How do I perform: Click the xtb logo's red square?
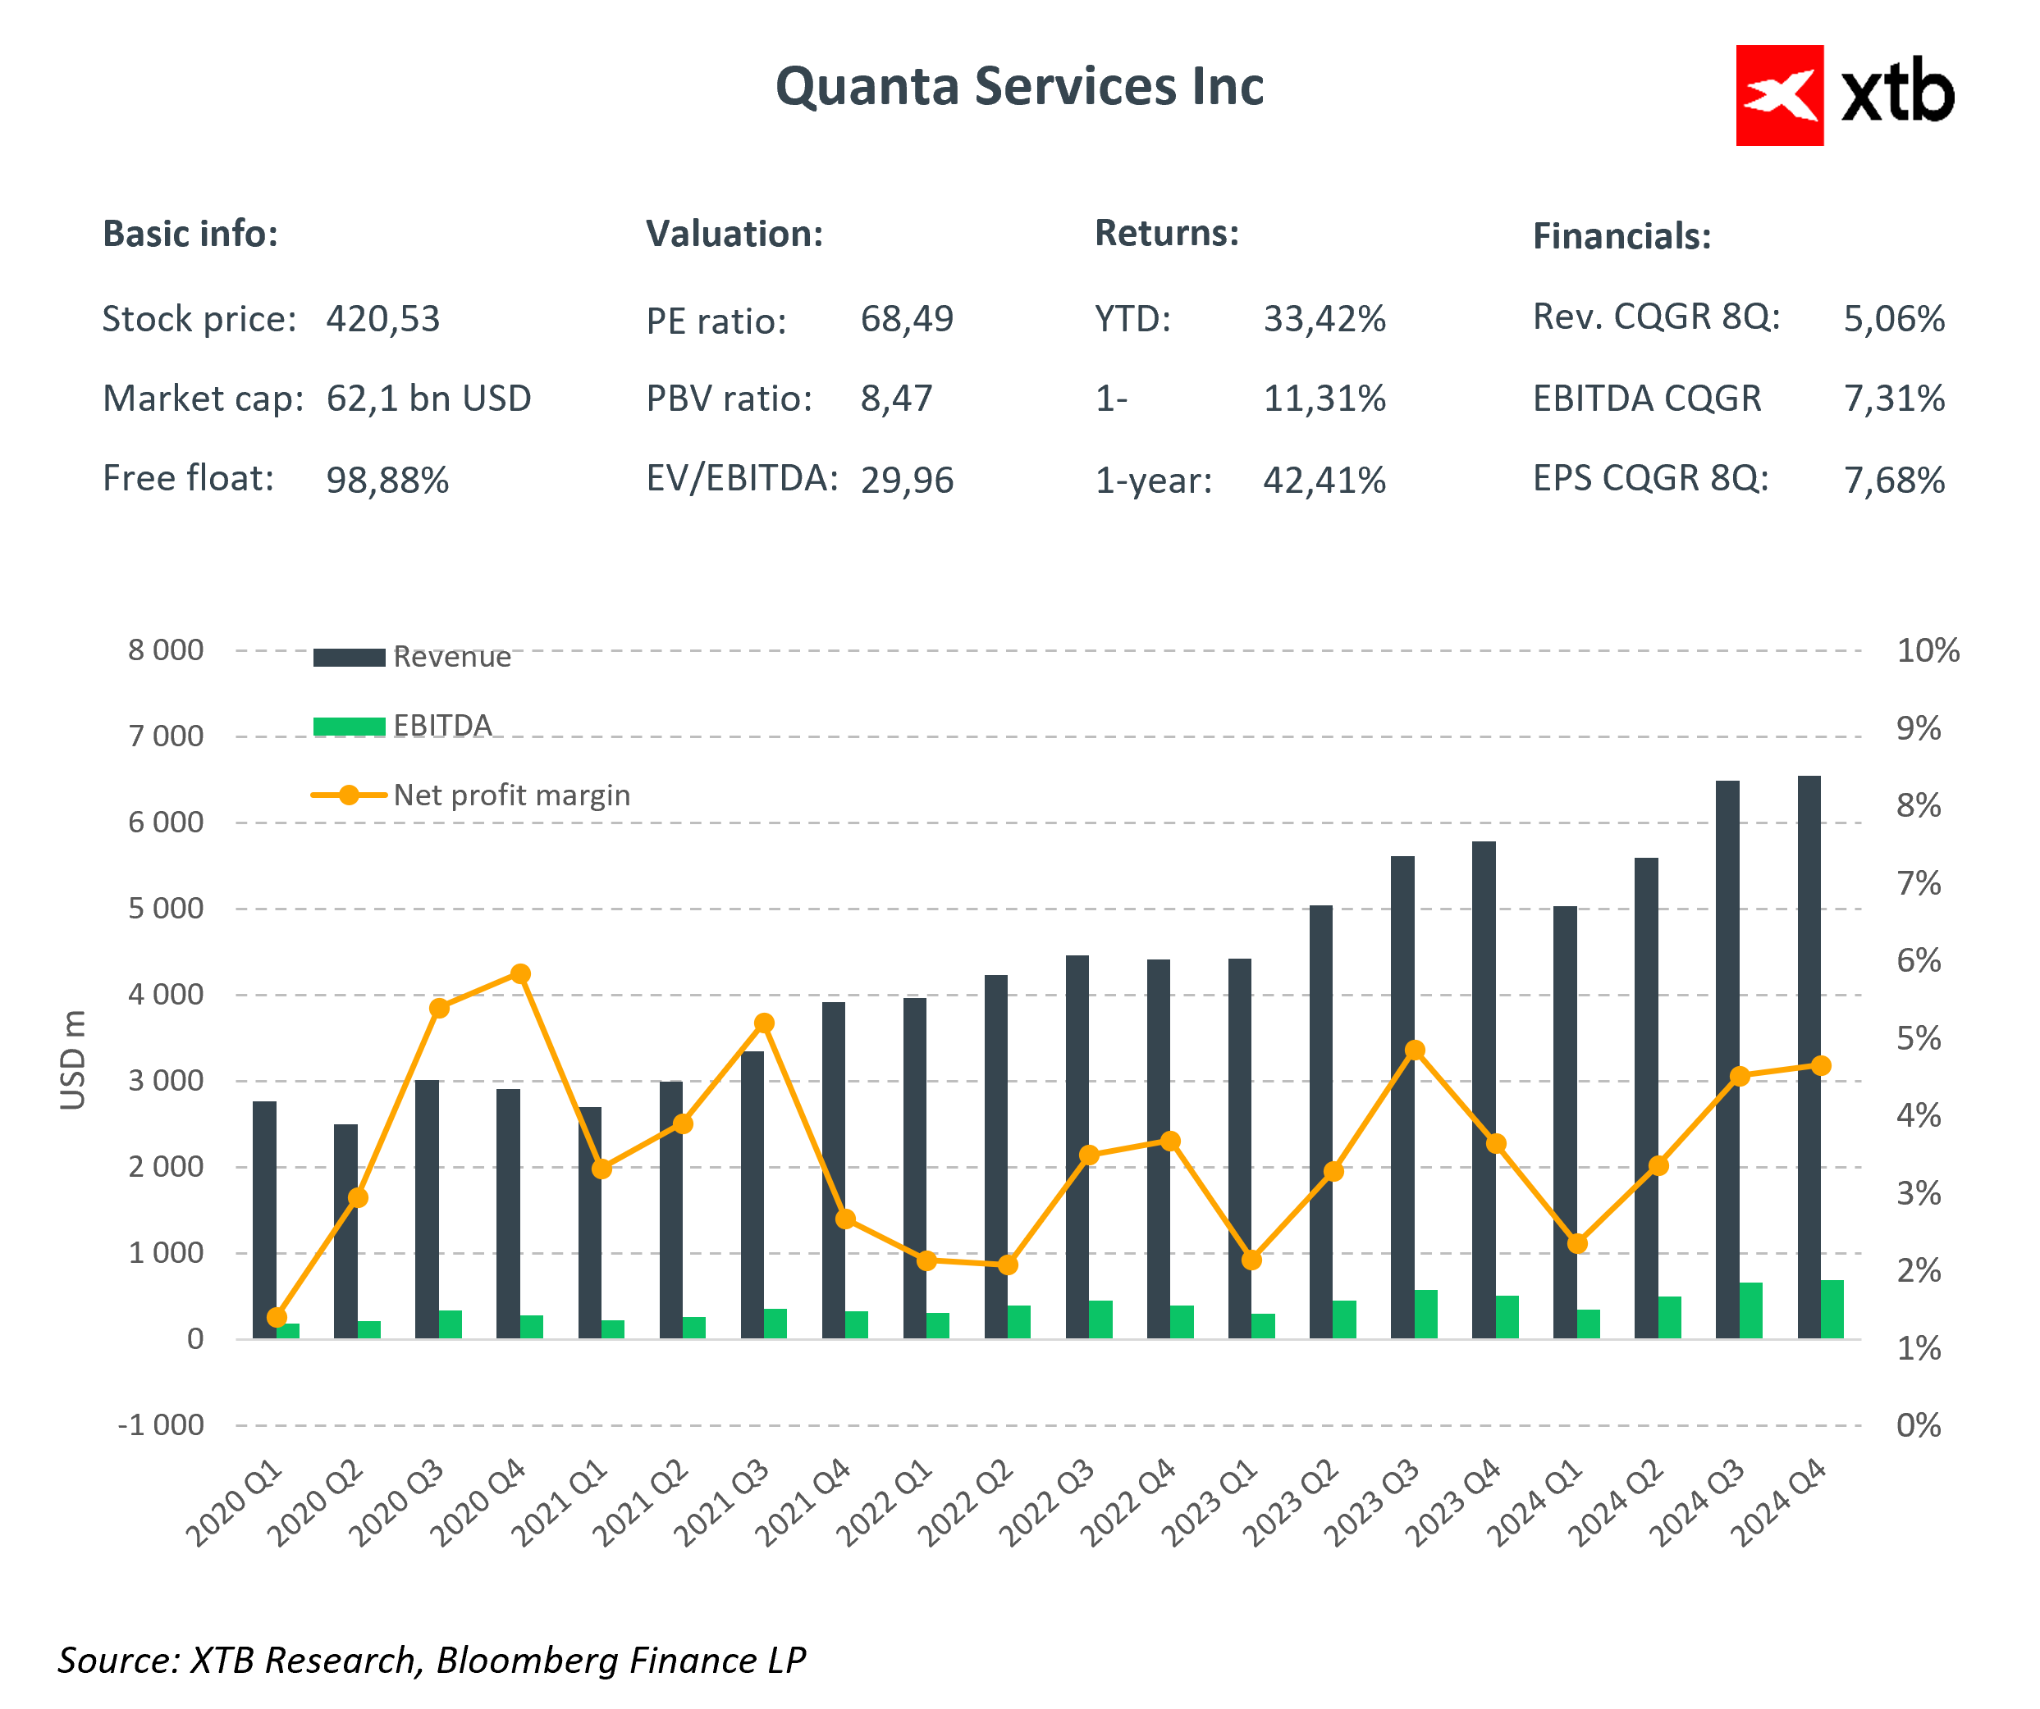click(x=1779, y=95)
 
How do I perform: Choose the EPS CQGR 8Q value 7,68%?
click(x=1893, y=480)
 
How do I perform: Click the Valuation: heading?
click(x=734, y=234)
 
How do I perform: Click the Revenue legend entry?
click(x=451, y=658)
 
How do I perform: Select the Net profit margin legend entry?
click(x=510, y=795)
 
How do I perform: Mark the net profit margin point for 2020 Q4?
click(x=521, y=974)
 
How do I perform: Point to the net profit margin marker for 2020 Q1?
click(x=277, y=1317)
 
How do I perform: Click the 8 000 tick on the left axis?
click(x=166, y=650)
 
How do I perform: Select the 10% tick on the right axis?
click(x=1928, y=650)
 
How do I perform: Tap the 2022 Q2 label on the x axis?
click(x=966, y=1503)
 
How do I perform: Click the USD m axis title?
click(x=74, y=1060)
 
